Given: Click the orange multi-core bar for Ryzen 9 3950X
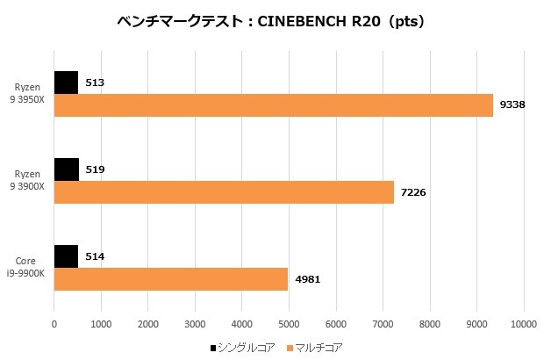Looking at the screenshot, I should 274,105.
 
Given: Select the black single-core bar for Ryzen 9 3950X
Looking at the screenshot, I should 67,83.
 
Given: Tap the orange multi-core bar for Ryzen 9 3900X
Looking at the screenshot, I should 224,191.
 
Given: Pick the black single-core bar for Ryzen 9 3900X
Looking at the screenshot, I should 67,169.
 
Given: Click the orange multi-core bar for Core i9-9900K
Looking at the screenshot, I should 171,278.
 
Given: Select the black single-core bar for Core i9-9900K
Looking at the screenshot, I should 67,256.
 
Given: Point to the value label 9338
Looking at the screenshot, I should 512,105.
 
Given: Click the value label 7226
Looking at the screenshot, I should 413,191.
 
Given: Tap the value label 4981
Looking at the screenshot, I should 308,278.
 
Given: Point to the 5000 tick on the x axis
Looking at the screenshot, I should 289,323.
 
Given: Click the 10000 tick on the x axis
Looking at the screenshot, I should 523,323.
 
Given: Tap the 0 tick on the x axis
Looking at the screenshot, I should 54,323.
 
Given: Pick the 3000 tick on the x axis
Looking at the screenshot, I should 195,323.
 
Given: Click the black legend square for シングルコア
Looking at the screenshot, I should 213,349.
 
